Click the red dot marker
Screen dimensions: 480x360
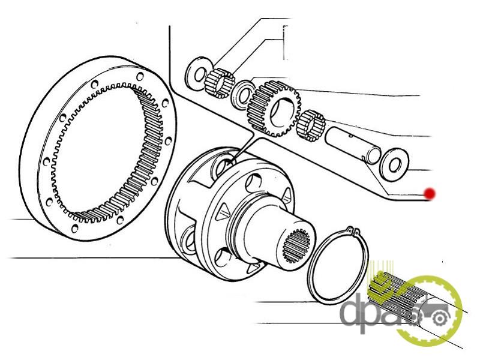pyautogui.click(x=430, y=193)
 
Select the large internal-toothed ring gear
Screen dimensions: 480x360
pyautogui.click(x=98, y=148)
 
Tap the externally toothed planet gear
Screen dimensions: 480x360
pyautogui.click(x=274, y=108)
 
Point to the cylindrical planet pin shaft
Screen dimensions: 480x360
pyautogui.click(x=353, y=145)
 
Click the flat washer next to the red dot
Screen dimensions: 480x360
pyautogui.click(x=394, y=164)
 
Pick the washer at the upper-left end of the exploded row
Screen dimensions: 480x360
pyautogui.click(x=200, y=73)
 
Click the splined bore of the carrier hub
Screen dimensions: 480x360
pyautogui.click(x=296, y=246)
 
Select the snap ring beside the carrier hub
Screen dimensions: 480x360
pyautogui.click(x=338, y=265)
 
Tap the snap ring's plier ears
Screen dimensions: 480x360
pyautogui.click(x=352, y=230)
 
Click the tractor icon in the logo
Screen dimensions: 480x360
pyautogui.click(x=428, y=316)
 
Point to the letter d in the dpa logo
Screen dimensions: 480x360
pyautogui.click(x=353, y=310)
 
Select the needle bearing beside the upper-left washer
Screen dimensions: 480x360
pyautogui.click(x=220, y=83)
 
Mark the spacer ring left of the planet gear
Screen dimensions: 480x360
pyautogui.click(x=243, y=94)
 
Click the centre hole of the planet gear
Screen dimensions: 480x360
pyautogui.click(x=280, y=112)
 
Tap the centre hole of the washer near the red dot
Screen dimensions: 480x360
pyautogui.click(x=395, y=164)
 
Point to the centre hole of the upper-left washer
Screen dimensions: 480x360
pyautogui.click(x=200, y=74)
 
